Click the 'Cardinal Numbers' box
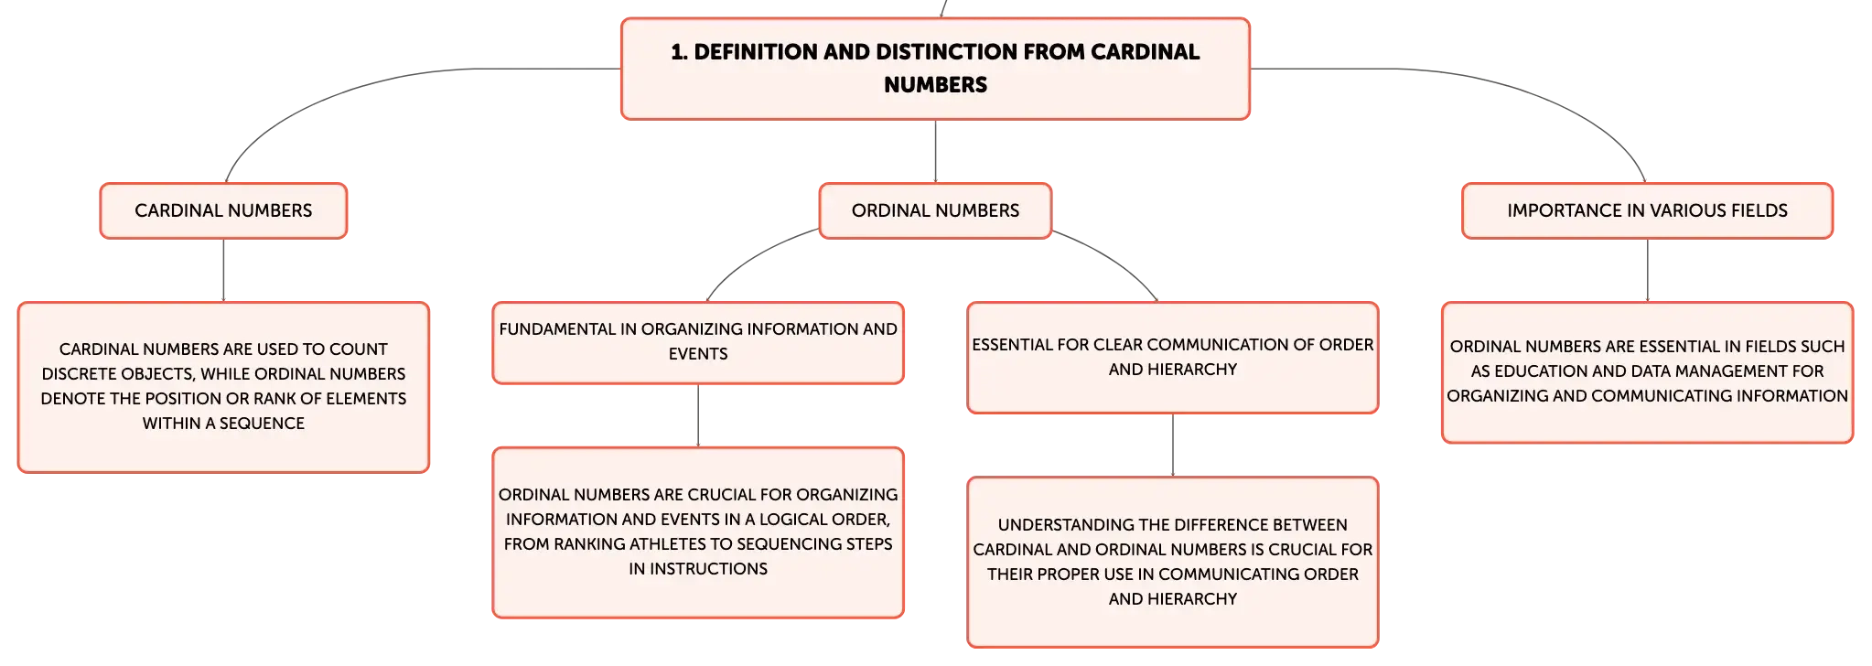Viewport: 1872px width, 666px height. [223, 210]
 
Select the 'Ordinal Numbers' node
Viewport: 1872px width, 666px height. [935, 210]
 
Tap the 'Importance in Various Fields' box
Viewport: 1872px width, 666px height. [1647, 210]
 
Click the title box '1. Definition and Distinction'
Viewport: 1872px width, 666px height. [935, 69]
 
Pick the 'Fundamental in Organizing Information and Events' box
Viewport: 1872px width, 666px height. [698, 342]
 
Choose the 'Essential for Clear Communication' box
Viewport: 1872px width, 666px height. [1172, 357]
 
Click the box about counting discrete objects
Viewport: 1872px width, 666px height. [223, 387]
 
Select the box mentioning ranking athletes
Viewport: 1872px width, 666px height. [698, 532]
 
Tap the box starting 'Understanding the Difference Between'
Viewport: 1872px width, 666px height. [1172, 562]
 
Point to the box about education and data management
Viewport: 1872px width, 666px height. [1647, 372]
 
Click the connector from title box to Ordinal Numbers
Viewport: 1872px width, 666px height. [935, 151]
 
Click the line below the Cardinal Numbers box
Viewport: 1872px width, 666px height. [223, 270]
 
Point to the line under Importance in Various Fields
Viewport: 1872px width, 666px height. [1647, 270]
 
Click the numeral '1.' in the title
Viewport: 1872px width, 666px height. [679, 52]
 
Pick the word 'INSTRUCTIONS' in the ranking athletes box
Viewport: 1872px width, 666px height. [708, 568]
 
